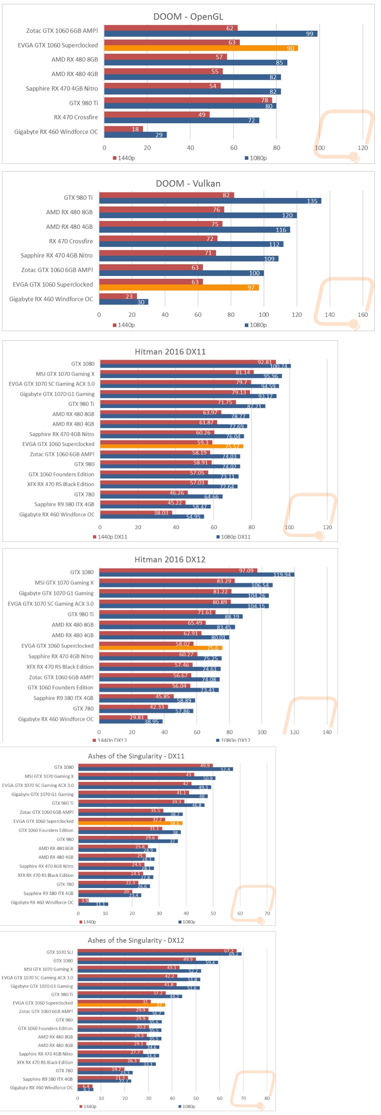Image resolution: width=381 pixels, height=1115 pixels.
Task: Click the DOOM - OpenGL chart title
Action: pos(188,17)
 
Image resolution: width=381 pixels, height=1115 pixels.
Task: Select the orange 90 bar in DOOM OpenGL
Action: pos(201,48)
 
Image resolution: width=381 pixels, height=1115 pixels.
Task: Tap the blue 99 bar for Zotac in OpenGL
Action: pos(210,34)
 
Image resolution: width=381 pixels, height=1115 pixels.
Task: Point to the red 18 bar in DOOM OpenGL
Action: pos(123,129)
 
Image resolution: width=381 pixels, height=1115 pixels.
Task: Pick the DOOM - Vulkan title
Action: pos(188,184)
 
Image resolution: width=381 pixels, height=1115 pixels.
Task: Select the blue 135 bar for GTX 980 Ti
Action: pos(210,201)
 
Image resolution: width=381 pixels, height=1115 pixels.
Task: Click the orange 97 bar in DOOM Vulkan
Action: pos(179,287)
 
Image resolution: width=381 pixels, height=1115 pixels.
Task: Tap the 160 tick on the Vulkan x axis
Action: pos(362,315)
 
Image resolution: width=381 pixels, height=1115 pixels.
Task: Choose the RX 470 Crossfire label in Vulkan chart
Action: pos(71,241)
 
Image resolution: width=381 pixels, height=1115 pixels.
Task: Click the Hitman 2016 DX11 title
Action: pos(170,352)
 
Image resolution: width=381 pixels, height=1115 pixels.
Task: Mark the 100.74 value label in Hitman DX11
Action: pos(278,366)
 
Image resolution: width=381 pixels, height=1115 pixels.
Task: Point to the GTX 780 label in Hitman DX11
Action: pos(84,494)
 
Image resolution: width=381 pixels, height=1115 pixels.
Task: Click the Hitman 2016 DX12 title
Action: pos(170,560)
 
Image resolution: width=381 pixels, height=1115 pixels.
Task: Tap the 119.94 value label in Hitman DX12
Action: pos(282,575)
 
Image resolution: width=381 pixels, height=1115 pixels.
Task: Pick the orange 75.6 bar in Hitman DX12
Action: pos(160,648)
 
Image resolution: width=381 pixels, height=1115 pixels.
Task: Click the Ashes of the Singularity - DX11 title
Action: pos(136,756)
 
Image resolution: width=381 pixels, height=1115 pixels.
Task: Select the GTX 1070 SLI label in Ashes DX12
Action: pos(60,952)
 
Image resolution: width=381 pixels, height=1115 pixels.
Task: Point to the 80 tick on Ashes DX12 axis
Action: pos(267,1098)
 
